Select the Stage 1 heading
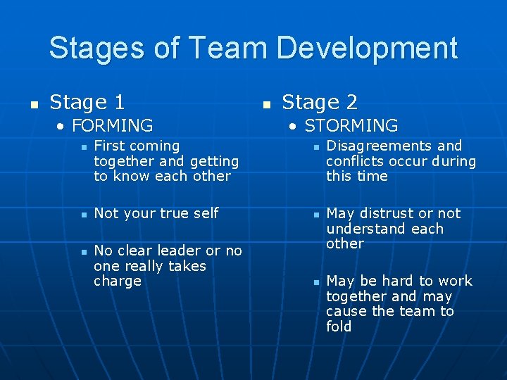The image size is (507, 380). (x=87, y=103)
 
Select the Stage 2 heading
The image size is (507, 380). (x=320, y=103)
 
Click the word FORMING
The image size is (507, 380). (x=113, y=126)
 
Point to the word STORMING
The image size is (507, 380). (x=351, y=126)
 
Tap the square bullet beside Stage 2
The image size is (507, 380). (x=265, y=104)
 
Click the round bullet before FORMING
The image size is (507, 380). (x=62, y=127)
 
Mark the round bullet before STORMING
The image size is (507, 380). (x=294, y=127)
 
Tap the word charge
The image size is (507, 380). (x=117, y=281)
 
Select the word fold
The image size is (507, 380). (x=339, y=327)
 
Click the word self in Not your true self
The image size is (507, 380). (x=206, y=213)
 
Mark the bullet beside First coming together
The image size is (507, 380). (x=82, y=147)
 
